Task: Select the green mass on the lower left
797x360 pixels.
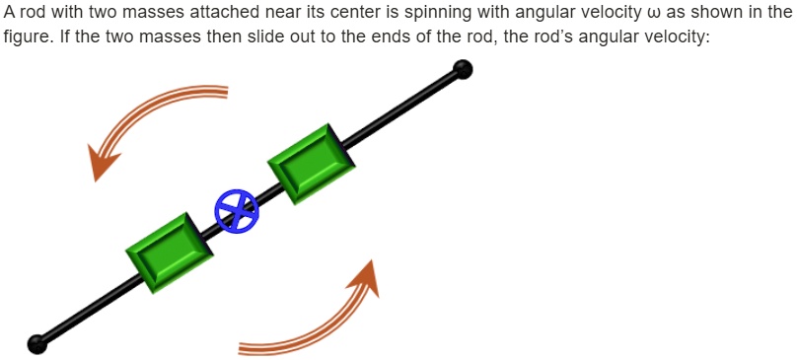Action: [x=170, y=252]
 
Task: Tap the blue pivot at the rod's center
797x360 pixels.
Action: [x=237, y=210]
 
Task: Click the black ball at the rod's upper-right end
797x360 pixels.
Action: [x=462, y=69]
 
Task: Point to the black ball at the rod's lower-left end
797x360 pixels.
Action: [x=37, y=343]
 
